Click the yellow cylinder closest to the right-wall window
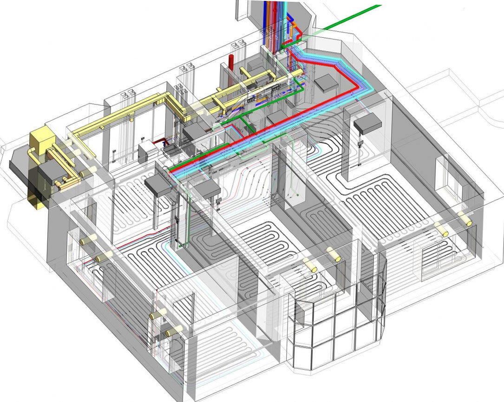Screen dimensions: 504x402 (x=465, y=219)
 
